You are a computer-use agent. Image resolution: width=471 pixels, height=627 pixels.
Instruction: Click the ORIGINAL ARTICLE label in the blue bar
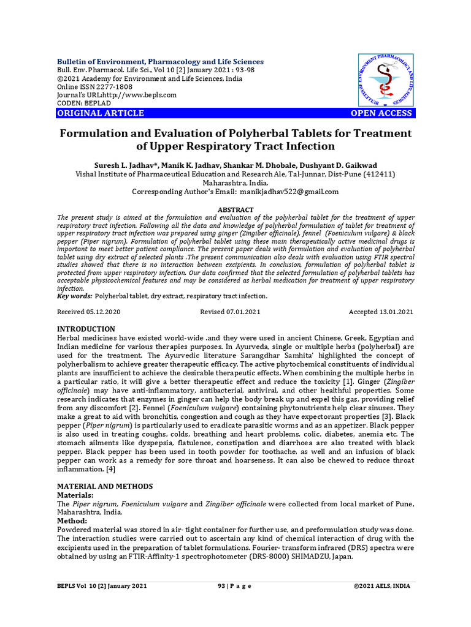(101, 113)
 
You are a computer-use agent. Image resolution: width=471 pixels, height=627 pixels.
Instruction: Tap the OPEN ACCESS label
(381, 113)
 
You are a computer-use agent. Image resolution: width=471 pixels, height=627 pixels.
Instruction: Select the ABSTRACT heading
(235, 209)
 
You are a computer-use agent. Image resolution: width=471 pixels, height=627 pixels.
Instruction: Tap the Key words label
(74, 296)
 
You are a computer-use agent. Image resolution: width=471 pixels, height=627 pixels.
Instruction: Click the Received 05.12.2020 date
(89, 312)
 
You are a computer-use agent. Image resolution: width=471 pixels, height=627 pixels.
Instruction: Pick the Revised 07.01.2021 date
(230, 312)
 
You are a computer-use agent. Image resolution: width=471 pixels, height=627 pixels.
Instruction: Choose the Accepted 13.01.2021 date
(380, 312)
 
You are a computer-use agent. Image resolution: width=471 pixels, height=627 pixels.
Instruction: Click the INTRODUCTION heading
(86, 329)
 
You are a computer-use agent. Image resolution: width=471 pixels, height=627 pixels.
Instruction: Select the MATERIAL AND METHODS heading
(104, 486)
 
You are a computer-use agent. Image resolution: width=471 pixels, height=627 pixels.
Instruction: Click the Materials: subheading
(75, 495)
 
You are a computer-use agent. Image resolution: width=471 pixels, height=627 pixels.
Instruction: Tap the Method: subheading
(72, 520)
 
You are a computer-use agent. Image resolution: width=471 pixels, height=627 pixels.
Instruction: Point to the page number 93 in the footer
(221, 586)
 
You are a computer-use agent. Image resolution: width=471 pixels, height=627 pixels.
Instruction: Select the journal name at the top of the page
(160, 62)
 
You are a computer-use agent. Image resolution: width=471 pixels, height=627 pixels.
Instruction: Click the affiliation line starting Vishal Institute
(235, 174)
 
